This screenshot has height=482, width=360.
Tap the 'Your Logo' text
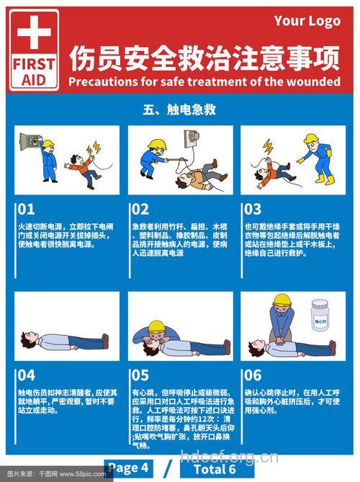(307, 21)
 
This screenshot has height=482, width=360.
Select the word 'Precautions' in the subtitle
(103, 81)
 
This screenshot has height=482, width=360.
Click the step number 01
(26, 210)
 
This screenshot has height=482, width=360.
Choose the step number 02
(140, 210)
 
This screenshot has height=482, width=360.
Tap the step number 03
(252, 210)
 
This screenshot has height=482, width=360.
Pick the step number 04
(26, 375)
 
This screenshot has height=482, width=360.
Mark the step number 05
(140, 375)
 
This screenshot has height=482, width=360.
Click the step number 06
(252, 375)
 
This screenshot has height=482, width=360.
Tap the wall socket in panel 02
(192, 137)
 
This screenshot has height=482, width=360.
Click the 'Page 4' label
(129, 468)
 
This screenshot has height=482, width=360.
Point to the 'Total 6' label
(214, 469)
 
